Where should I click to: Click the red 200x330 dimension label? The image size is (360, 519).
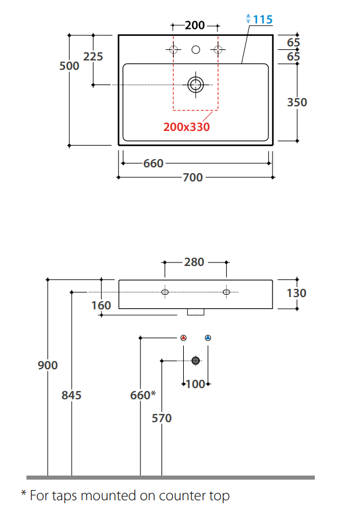coord(186,127)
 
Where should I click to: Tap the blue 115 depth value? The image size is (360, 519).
coord(263,19)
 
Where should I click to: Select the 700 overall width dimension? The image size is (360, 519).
coord(193,177)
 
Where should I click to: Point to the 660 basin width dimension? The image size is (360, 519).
coord(153,163)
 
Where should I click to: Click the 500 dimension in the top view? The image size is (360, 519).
coord(69,66)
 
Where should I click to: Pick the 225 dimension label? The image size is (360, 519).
coord(93,56)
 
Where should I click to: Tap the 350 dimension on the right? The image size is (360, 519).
coord(297,102)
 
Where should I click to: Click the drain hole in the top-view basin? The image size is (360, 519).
coord(196,85)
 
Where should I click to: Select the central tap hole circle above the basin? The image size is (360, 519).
coord(196,50)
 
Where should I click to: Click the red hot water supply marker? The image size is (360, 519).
coord(183,338)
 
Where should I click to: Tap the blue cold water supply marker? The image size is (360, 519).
coord(208,338)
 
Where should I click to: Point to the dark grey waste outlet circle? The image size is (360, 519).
coord(196,360)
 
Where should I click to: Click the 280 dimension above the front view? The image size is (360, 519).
coord(194,262)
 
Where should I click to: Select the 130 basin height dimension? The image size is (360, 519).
coord(297,293)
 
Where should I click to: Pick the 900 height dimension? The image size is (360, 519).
coord(48,365)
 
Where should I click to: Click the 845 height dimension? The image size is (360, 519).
coord(71,395)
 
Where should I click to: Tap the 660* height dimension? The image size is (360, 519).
coord(143,395)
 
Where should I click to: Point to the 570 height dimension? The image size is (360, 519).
coord(162,419)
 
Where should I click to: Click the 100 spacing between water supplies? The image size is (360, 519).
coord(196,385)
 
